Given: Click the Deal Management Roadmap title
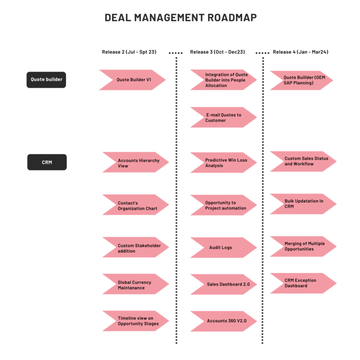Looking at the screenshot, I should tap(180, 18).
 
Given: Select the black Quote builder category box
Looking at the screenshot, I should tap(46, 80).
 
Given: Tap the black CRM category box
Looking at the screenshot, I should tap(46, 162).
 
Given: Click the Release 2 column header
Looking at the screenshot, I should tap(129, 52).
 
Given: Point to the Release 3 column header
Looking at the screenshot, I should tap(217, 52).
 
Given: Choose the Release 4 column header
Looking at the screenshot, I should tap(300, 52).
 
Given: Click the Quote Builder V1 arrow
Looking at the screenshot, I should tap(133, 80).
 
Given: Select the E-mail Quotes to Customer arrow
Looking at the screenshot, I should tap(224, 118).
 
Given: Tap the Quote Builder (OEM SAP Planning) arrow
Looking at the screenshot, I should tap(301, 80).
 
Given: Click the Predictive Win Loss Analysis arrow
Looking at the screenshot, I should tap(224, 163).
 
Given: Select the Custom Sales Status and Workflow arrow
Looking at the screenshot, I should tap(303, 161).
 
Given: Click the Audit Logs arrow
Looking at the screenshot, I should tap(224, 247).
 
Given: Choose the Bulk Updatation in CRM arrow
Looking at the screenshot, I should tap(303, 204).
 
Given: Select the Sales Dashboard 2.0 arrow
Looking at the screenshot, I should tap(224, 285).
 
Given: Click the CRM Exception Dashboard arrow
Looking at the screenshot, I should tap(303, 283).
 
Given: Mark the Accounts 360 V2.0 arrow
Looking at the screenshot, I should tap(224, 321).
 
